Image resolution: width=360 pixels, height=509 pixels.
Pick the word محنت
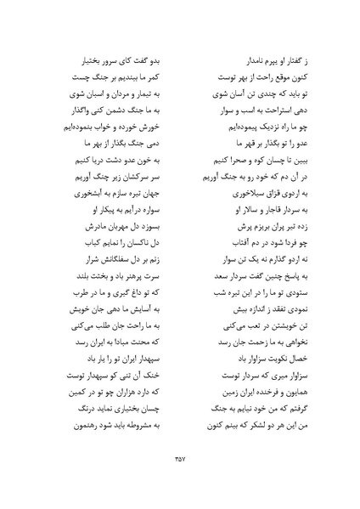pos(132,350)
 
